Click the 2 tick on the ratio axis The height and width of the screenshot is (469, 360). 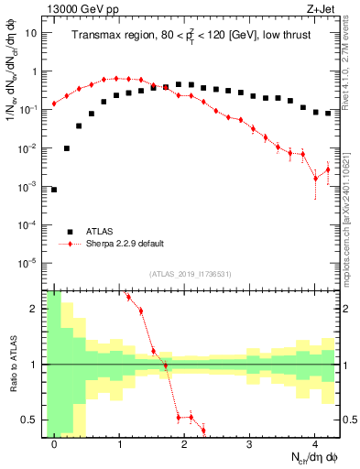pos(36,309)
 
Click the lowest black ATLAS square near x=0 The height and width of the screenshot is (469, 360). pos(54,190)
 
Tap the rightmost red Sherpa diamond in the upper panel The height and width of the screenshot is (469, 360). pos(328,169)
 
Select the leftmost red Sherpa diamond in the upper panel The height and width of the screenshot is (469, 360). pos(54,104)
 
